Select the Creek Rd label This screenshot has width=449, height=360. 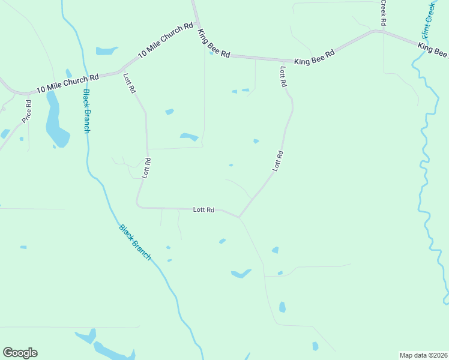(x=383, y=13)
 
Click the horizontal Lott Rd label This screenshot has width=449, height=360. (x=203, y=210)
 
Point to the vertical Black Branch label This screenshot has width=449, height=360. (x=86, y=111)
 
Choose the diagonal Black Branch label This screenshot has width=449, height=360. (x=134, y=242)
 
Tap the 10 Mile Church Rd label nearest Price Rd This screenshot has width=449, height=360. (x=67, y=83)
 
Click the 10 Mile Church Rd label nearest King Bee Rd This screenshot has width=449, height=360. (x=165, y=40)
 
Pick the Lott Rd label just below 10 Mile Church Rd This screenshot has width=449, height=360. (x=130, y=83)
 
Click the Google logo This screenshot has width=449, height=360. (x=20, y=353)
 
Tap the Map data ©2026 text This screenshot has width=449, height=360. (x=423, y=355)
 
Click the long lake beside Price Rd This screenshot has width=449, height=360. (x=56, y=120)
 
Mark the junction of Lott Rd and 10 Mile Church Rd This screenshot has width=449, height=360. (x=121, y=71)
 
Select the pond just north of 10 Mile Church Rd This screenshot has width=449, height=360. (x=107, y=51)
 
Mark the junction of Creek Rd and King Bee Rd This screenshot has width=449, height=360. (x=383, y=30)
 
